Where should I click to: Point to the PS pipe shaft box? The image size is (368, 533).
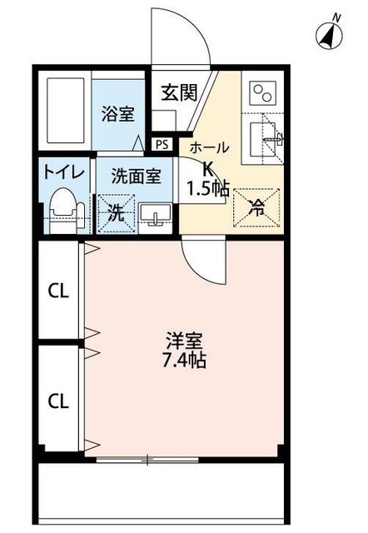click(162, 144)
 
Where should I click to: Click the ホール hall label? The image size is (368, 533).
click(210, 147)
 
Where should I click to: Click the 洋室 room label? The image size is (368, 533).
click(186, 341)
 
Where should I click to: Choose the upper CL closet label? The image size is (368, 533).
click(57, 291)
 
